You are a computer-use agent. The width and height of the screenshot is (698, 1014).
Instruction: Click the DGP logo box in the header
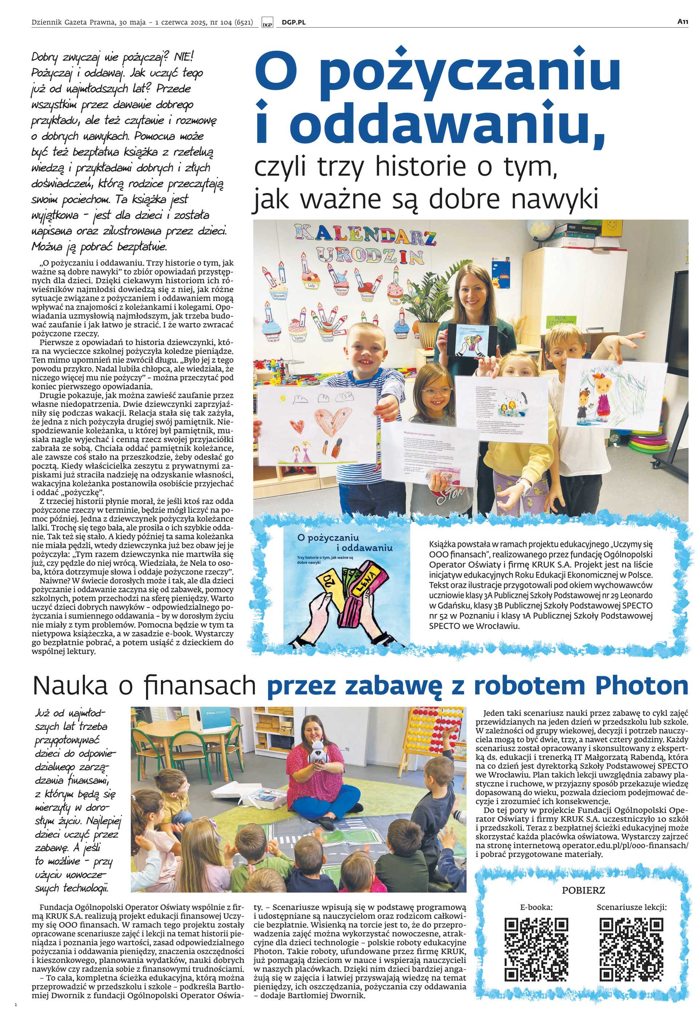[267, 22]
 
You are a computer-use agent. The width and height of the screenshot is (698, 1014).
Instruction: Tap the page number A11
[683, 21]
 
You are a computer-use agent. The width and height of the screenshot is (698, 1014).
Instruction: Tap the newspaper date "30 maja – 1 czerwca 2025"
[169, 22]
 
